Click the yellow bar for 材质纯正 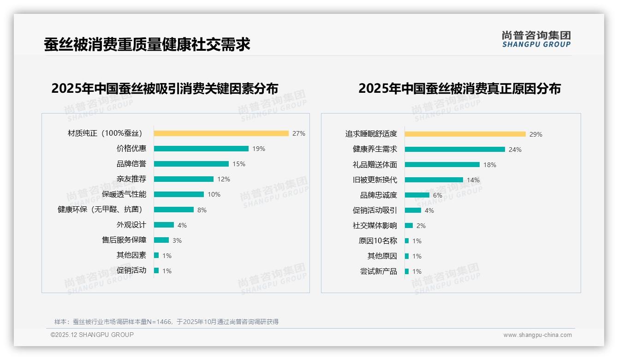coord(221,133)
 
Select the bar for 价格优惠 coord(201,149)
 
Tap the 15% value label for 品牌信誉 coord(239,164)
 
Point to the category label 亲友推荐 coord(131,179)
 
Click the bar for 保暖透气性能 coord(179,194)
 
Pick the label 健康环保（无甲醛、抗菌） coord(100,210)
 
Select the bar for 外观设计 coord(164,225)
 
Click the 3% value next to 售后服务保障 coord(177,240)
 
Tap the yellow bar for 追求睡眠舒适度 coord(465,134)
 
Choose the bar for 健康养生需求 coord(455,150)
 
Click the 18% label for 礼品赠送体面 coord(490,165)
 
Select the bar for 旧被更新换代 coord(434,180)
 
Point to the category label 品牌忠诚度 coord(378,195)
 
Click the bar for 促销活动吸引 coord(413,210)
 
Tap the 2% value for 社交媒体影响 coord(421,226)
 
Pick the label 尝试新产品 coord(378,271)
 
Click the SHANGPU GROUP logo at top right coord(536,39)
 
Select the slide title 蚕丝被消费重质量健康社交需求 coord(147,45)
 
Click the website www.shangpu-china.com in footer coord(537,335)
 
